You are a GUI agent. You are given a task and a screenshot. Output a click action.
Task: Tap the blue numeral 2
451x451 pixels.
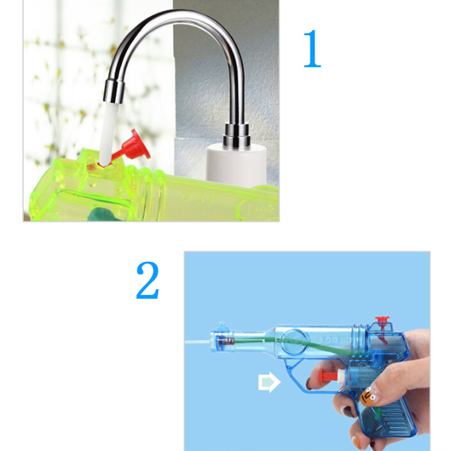coord(147,280)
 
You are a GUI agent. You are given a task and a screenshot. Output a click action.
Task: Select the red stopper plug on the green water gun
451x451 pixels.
coord(133,147)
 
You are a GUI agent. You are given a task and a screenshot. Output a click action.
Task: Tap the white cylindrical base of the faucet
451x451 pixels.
coord(236,165)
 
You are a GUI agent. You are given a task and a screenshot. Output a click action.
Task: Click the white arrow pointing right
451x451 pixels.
coord(269,382)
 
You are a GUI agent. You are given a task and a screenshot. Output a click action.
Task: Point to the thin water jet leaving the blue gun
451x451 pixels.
coord(197,342)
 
